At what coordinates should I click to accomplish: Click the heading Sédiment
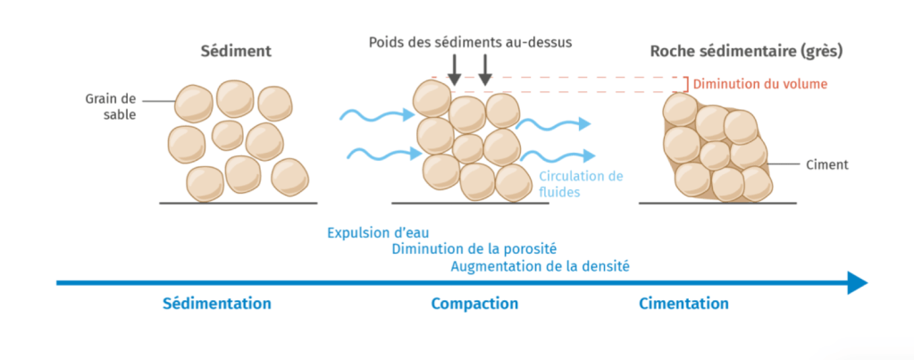[x=235, y=51]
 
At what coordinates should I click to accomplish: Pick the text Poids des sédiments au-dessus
[x=469, y=41]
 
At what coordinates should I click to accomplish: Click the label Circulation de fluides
[x=581, y=183]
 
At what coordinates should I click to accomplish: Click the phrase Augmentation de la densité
[x=540, y=265]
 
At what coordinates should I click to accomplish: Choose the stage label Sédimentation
[x=217, y=304]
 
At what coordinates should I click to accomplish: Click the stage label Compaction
[x=474, y=304]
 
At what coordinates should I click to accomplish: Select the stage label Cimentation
[x=683, y=304]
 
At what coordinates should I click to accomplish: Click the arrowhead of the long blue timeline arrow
[x=857, y=283]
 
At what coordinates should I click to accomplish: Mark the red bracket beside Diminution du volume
[x=686, y=84]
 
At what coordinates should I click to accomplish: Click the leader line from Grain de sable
[x=156, y=99]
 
